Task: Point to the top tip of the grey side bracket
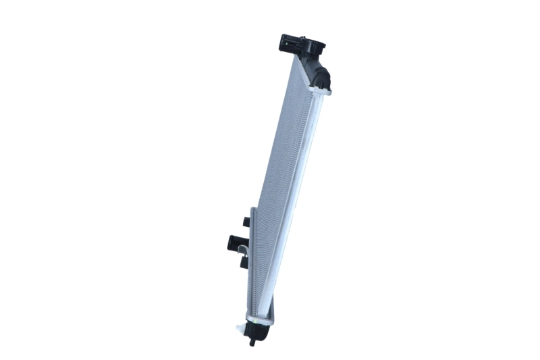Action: coord(251,211)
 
